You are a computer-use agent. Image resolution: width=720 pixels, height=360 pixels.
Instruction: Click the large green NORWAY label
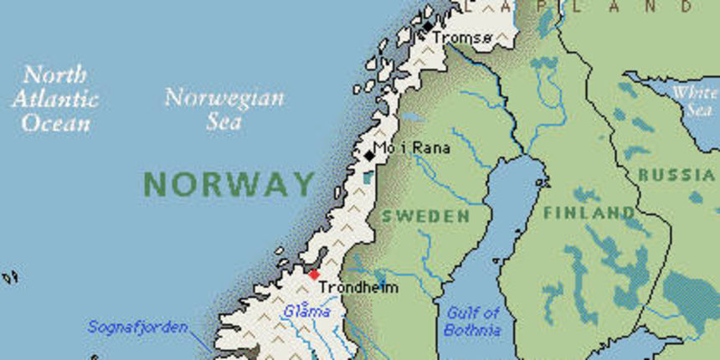tap(229, 183)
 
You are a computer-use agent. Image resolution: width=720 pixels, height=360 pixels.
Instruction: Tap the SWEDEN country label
tap(425, 216)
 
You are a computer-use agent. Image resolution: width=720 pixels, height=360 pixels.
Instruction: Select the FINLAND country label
tap(589, 213)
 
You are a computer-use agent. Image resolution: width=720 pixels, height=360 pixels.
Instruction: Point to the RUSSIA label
tap(676, 175)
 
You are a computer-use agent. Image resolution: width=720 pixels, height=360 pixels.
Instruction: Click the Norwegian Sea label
tap(224, 109)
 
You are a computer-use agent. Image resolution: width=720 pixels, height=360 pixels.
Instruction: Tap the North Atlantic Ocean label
tap(55, 99)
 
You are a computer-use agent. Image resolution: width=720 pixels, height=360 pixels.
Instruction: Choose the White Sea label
tap(695, 101)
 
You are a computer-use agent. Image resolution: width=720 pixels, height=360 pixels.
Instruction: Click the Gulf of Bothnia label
tap(472, 321)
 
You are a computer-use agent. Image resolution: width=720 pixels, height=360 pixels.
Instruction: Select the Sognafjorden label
tap(138, 327)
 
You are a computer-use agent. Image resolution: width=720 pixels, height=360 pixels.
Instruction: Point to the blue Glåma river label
tap(301, 311)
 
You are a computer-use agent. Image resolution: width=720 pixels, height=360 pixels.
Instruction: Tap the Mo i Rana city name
tap(411, 148)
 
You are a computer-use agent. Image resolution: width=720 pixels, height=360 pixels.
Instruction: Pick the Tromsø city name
tap(461, 38)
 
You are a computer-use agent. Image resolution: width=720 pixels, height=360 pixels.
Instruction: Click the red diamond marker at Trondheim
tap(314, 274)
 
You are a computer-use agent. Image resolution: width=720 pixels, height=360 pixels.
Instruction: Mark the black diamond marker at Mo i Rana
tap(370, 155)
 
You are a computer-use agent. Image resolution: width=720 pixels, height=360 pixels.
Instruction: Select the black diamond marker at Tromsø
tap(429, 28)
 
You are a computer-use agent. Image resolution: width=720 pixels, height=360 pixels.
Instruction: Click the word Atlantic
tap(55, 99)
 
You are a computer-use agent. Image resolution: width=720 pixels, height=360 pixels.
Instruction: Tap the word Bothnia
tap(472, 330)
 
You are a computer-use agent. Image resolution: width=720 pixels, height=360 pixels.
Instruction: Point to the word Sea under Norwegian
tap(224, 122)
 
